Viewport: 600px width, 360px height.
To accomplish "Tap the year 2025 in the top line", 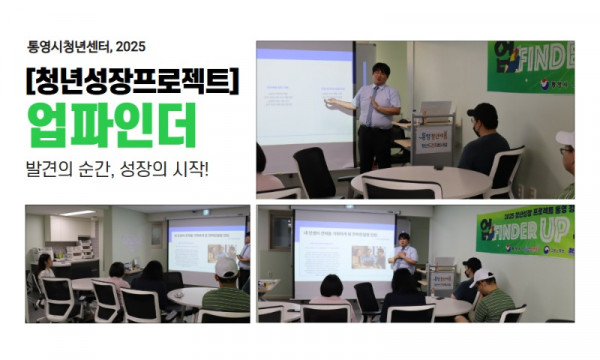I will pyautogui.click(x=131, y=45).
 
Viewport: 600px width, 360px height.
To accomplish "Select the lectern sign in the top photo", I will pyautogui.click(x=433, y=137).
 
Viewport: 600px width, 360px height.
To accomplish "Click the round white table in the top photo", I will pyautogui.click(x=420, y=180).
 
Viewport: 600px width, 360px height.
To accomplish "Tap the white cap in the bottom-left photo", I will pyautogui.click(x=226, y=268).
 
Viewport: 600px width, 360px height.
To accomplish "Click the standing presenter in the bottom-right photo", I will pyautogui.click(x=404, y=256).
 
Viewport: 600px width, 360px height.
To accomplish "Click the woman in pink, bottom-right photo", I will pyautogui.click(x=330, y=290).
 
